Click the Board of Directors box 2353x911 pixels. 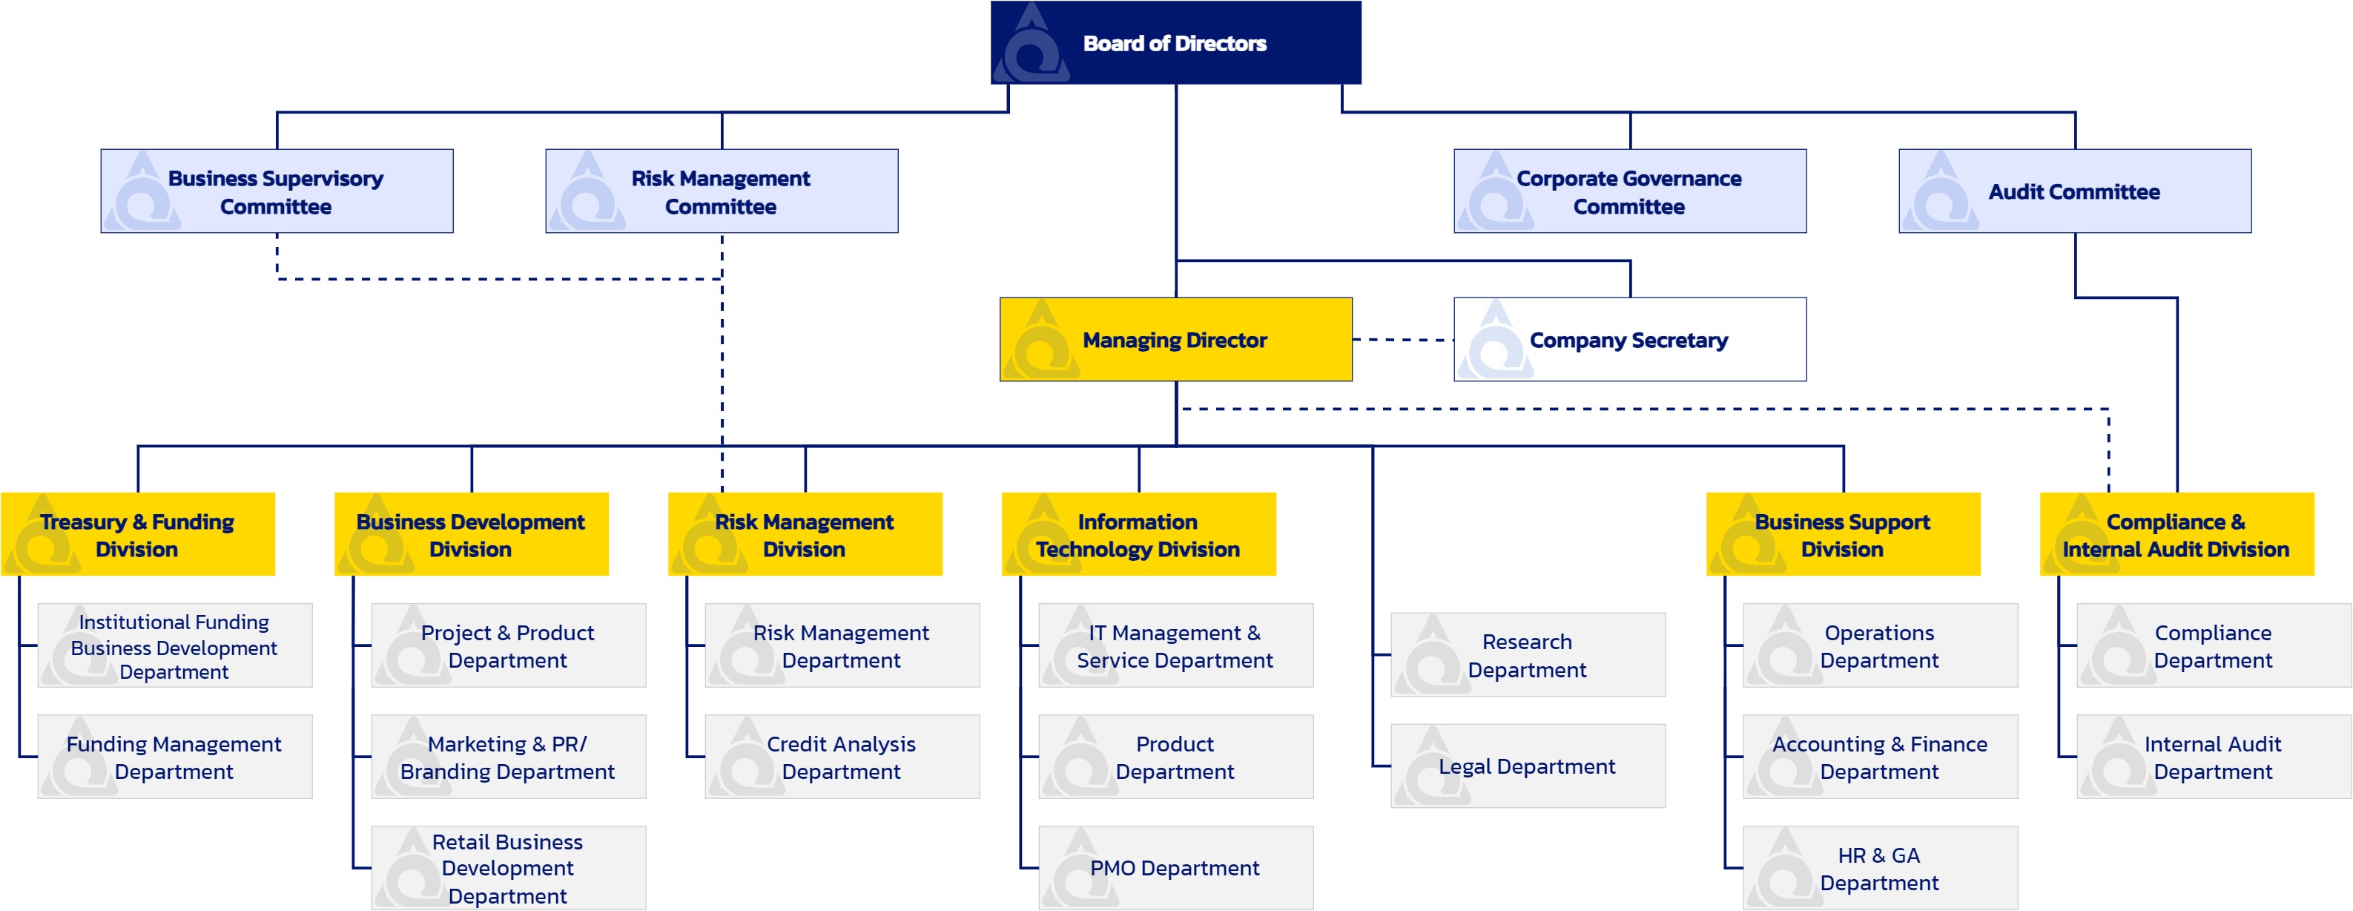[1175, 42]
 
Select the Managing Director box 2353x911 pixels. [1175, 339]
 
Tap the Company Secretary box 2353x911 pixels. [1629, 339]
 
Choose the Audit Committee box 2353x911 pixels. [2074, 191]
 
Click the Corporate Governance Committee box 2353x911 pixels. [1629, 191]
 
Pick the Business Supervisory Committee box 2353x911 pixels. [277, 191]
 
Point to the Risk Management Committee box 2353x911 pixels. [722, 191]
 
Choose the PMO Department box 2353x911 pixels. [1175, 868]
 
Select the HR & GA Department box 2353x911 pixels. [1880, 868]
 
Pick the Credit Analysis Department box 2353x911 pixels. [842, 757]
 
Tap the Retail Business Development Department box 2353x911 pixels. [509, 868]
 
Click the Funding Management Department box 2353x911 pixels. [174, 757]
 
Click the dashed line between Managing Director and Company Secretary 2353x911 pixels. [1403, 340]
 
